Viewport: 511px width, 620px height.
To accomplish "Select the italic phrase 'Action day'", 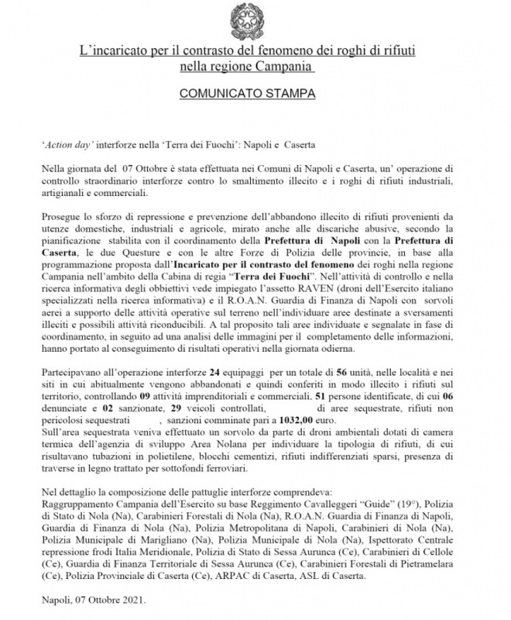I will [x=64, y=145].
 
